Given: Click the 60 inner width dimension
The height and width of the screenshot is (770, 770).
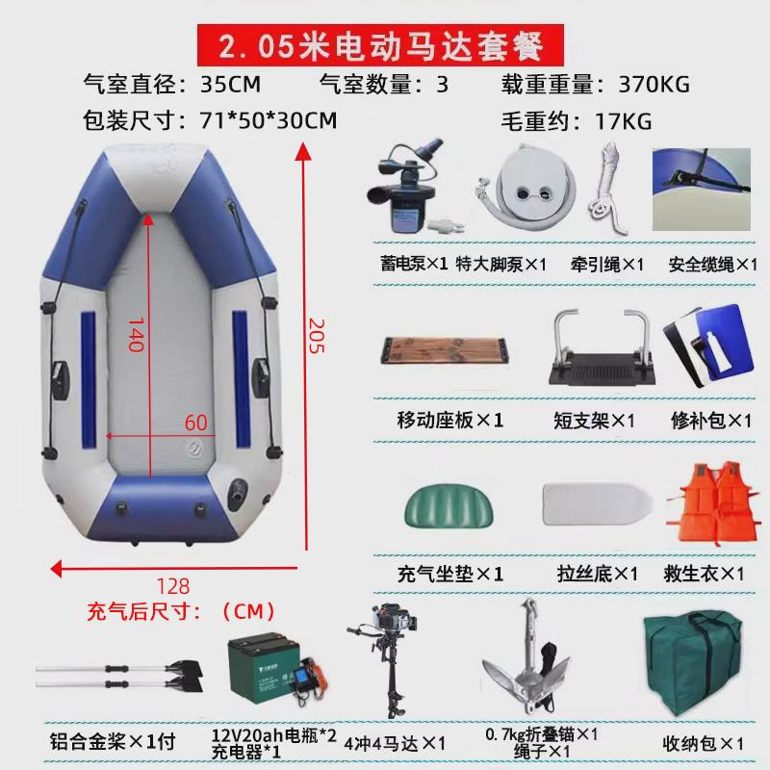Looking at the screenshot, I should coord(196,421).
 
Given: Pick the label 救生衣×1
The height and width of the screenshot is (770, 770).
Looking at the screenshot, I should coord(705,574).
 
